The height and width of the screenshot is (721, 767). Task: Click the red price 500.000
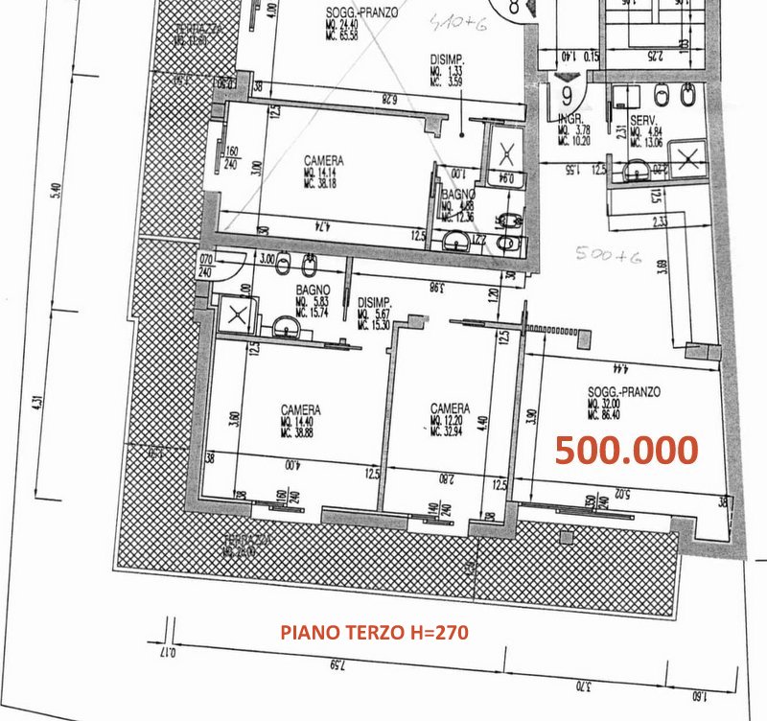pyautogui.click(x=626, y=450)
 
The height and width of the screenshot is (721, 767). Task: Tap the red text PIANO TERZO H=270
pyautogui.click(x=373, y=633)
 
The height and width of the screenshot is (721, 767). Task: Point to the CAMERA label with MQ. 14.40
pyautogui.click(x=300, y=408)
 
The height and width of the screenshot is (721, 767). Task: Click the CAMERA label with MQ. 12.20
pyautogui.click(x=450, y=406)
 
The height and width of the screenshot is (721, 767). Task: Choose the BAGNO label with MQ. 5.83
pyautogui.click(x=314, y=289)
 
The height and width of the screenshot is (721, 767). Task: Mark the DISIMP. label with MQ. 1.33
pyautogui.click(x=445, y=58)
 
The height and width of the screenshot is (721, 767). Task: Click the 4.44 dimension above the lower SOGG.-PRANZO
pyautogui.click(x=624, y=366)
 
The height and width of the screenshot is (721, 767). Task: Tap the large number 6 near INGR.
pyautogui.click(x=567, y=94)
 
